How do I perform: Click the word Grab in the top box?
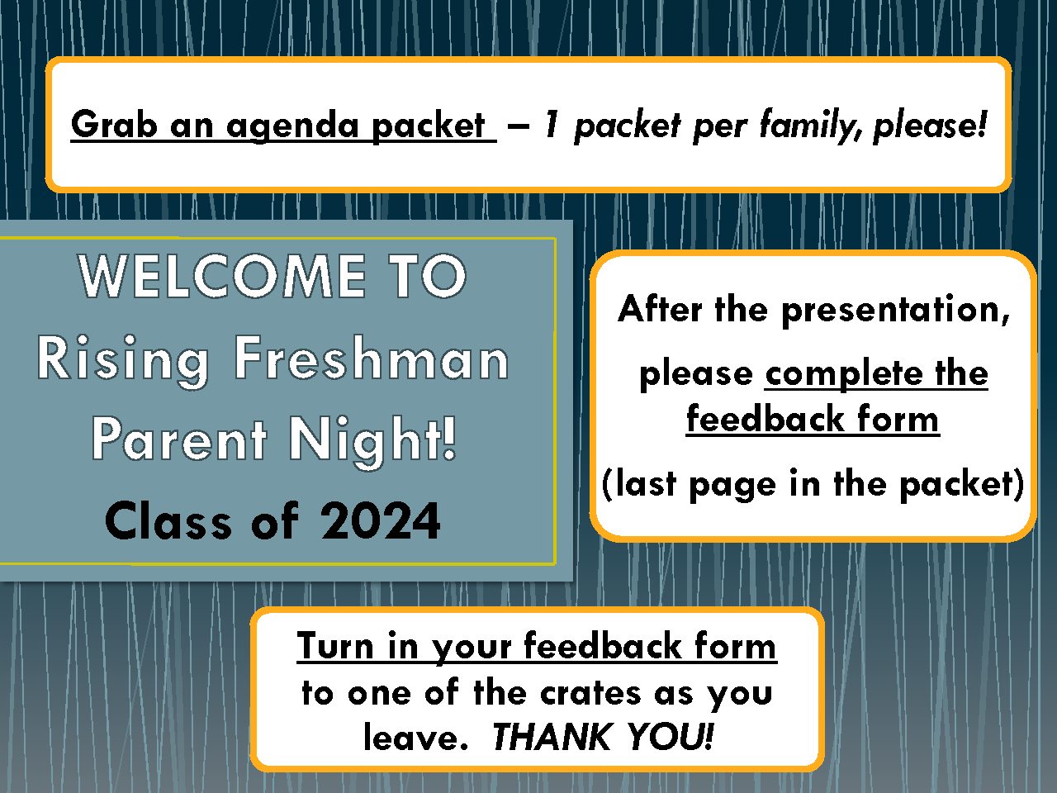pos(114,124)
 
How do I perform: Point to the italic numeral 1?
pos(552,124)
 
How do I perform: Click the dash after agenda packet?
pos(518,126)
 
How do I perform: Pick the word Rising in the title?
pos(123,361)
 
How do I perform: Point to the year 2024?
pos(381,520)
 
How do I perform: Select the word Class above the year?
pos(168,520)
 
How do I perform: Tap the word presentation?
pos(895,311)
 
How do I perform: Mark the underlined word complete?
pos(844,375)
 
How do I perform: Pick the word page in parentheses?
pos(732,486)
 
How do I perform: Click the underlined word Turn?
pos(335,646)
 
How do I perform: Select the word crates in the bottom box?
pos(591,694)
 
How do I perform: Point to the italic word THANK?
pos(551,737)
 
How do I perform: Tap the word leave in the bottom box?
pos(415,737)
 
